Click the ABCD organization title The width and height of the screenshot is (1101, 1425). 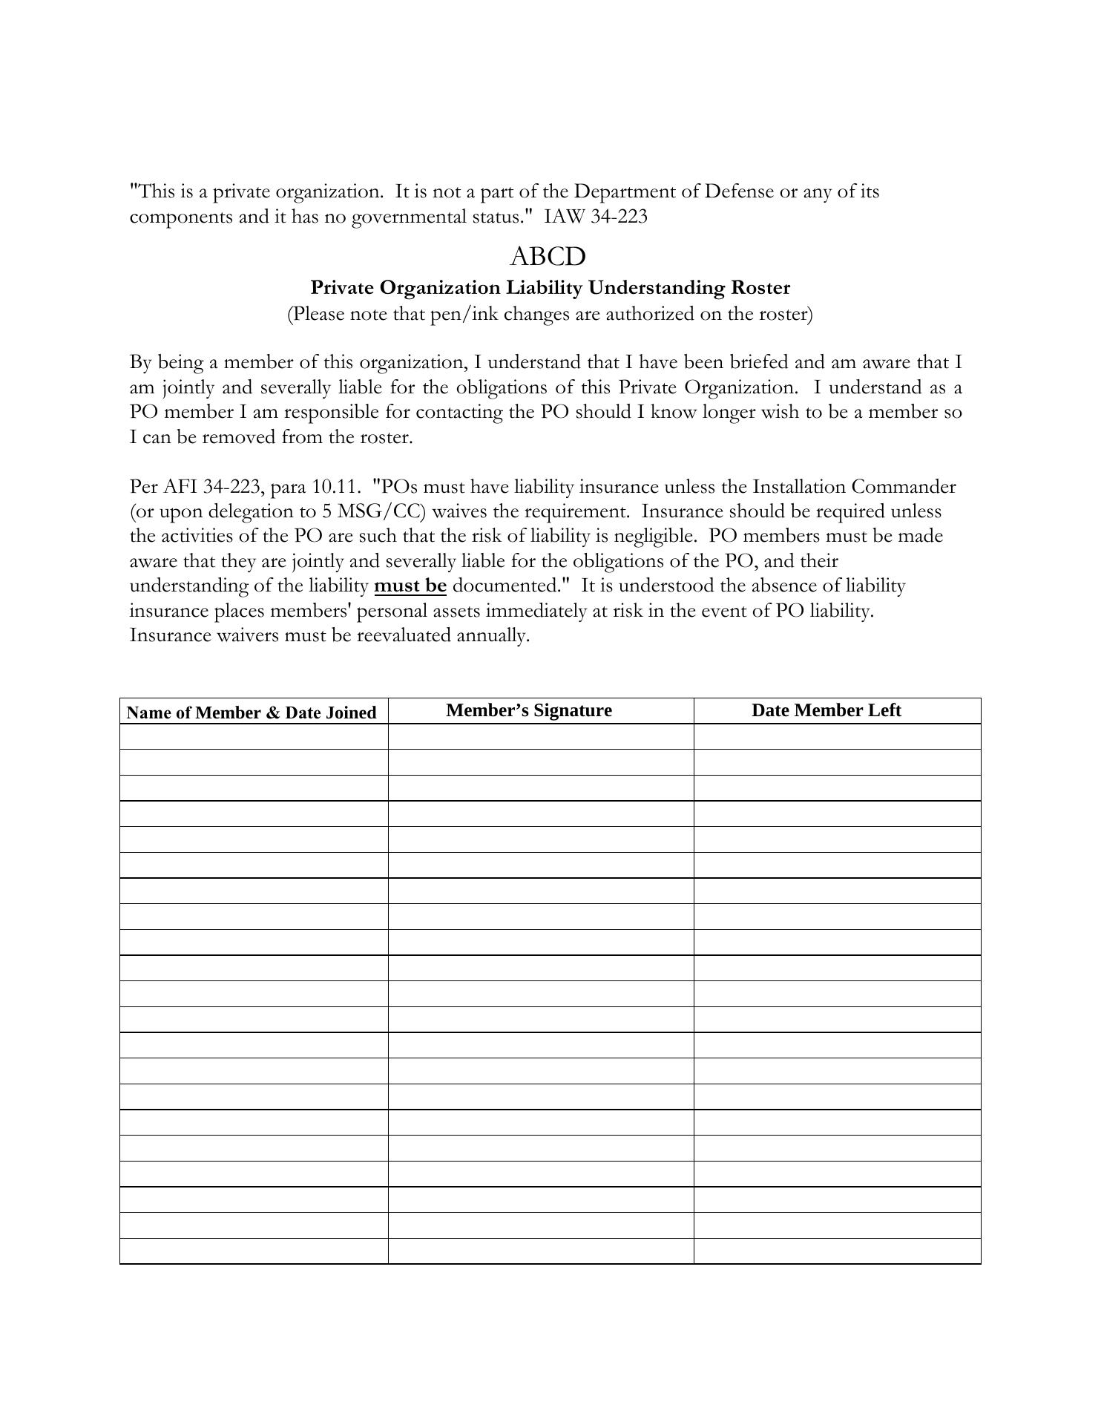(548, 257)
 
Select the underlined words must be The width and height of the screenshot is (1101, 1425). (410, 586)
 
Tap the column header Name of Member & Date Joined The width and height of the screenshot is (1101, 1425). (252, 712)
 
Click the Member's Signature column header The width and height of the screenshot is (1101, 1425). (529, 710)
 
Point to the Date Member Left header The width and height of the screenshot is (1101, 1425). (826, 710)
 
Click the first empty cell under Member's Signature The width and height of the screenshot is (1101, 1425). (540, 736)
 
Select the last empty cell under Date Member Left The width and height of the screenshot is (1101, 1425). (837, 1251)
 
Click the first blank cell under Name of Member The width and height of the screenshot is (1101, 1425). (254, 736)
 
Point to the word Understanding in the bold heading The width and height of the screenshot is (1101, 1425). (654, 287)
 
